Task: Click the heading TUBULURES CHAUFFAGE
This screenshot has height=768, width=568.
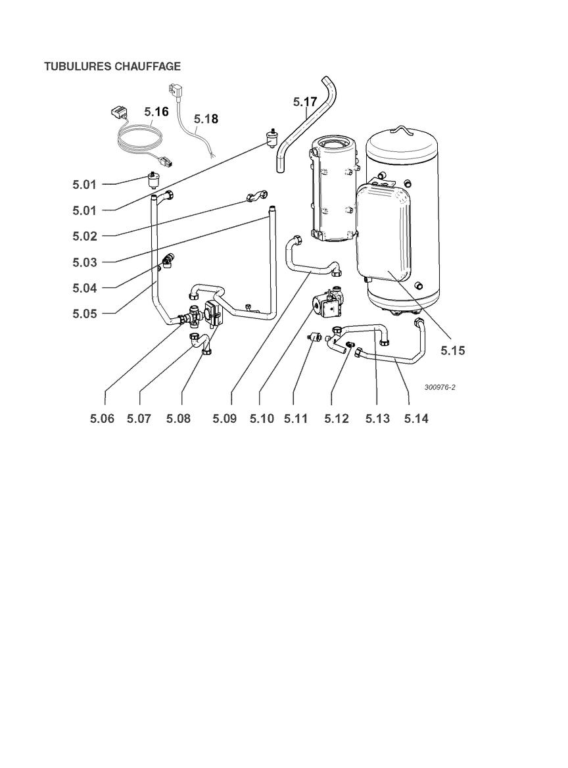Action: click(x=112, y=66)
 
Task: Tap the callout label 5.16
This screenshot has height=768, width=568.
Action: click(x=156, y=112)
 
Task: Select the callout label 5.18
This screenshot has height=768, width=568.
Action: click(x=206, y=119)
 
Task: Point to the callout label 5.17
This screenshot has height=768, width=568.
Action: click(x=306, y=102)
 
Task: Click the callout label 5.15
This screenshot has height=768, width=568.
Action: click(x=452, y=350)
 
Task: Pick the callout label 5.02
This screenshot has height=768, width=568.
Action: click(x=85, y=236)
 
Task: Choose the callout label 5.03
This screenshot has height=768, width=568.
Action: click(x=85, y=262)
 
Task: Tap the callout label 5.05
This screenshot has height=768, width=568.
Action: click(x=85, y=314)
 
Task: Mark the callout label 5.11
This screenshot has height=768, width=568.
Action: click(x=296, y=419)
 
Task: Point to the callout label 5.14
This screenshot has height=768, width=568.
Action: click(x=416, y=419)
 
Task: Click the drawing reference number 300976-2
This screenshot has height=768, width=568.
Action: click(x=440, y=387)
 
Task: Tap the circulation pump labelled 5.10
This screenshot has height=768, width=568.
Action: click(x=327, y=304)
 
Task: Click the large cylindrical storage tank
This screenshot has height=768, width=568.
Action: click(x=403, y=220)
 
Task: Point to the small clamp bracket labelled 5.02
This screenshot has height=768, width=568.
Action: click(x=256, y=197)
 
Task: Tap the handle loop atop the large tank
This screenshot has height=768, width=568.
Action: click(x=403, y=130)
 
